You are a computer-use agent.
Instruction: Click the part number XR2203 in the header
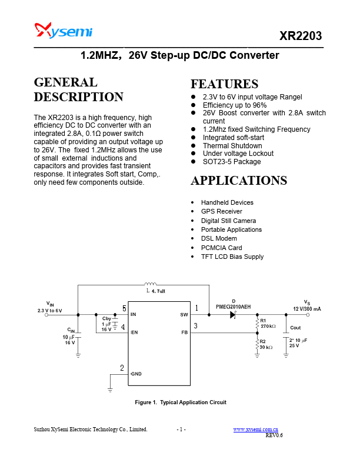pos(301,36)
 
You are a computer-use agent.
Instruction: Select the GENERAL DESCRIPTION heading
pos(78,89)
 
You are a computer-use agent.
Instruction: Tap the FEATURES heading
pos(224,84)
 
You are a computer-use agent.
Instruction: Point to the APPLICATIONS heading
pos(239,180)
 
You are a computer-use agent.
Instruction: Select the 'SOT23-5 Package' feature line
pos(232,162)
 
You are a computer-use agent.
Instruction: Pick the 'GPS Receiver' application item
pos(221,211)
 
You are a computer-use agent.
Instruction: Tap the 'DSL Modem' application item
pos(219,238)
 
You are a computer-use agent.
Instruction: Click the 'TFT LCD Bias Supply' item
pos(232,257)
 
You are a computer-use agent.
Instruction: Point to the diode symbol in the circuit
pos(233,315)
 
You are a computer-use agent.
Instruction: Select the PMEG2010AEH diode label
pos(233,307)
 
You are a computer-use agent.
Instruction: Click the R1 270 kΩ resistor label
pos(268,323)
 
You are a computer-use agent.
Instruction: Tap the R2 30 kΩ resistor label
pos(266,344)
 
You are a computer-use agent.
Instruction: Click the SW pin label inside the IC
pos(184,315)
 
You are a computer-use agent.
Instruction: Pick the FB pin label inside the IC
pos(184,332)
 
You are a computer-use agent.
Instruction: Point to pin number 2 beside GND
pos(122,368)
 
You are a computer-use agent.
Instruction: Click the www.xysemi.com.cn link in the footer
pos(256,430)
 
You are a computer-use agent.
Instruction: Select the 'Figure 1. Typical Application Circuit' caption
pos(181,402)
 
